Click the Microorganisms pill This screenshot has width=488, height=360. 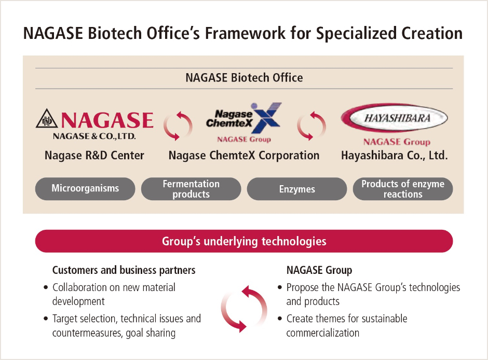point(85,189)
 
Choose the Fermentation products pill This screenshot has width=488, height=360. point(191,189)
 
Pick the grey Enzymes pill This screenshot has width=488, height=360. point(297,189)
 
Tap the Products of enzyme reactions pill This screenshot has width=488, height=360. point(403,189)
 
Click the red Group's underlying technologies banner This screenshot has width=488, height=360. point(244,241)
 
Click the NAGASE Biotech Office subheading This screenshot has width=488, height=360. point(244,78)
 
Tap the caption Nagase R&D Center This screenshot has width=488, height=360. point(94,155)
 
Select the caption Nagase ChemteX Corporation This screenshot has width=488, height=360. point(244,155)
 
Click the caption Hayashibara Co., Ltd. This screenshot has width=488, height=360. point(394,155)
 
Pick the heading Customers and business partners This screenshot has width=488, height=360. point(124,270)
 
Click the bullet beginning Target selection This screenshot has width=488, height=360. point(126,325)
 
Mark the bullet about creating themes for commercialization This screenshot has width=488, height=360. point(346,325)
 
